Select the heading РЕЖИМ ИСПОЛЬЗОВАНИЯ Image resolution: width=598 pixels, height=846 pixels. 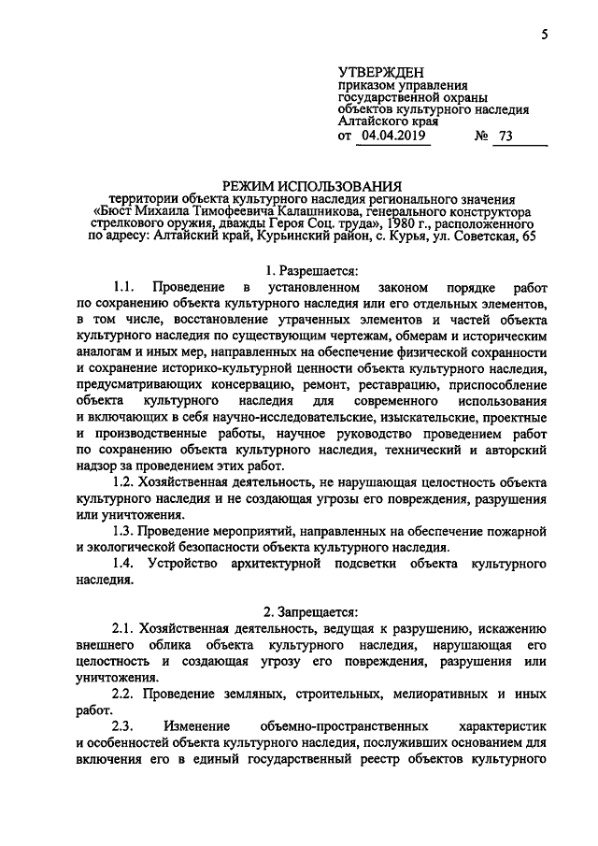tap(310, 183)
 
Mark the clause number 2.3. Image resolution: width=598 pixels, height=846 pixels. tap(122, 724)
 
